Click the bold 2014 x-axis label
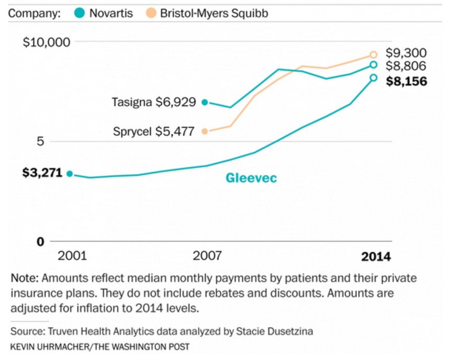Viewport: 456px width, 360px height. click(376, 256)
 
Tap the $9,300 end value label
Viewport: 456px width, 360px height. click(406, 53)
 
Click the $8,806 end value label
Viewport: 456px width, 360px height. click(406, 66)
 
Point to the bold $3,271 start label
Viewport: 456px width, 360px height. click(42, 173)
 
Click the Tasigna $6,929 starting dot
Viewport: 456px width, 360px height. click(205, 102)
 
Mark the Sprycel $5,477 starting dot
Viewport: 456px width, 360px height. click(205, 131)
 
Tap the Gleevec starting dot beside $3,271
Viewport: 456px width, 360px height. click(70, 174)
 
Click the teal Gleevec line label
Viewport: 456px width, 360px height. click(251, 178)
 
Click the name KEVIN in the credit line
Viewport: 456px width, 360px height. click(23, 346)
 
